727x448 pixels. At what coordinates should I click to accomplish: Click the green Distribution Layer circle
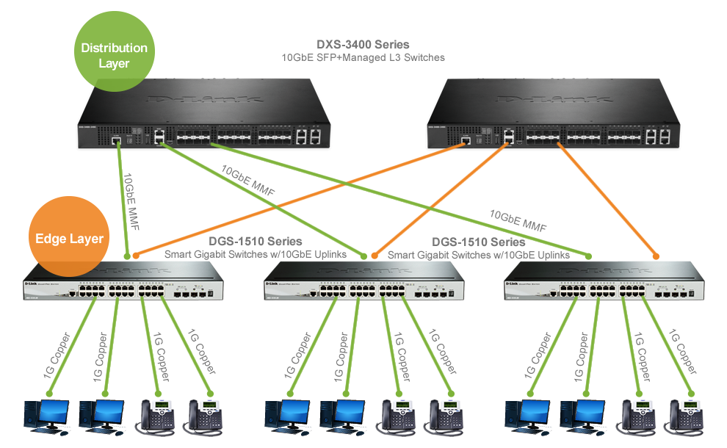pos(114,56)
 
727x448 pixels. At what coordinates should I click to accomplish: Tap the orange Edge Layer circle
pos(70,239)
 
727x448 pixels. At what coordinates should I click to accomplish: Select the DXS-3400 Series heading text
pos(363,45)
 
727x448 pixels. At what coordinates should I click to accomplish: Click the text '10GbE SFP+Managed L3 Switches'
pos(363,57)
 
